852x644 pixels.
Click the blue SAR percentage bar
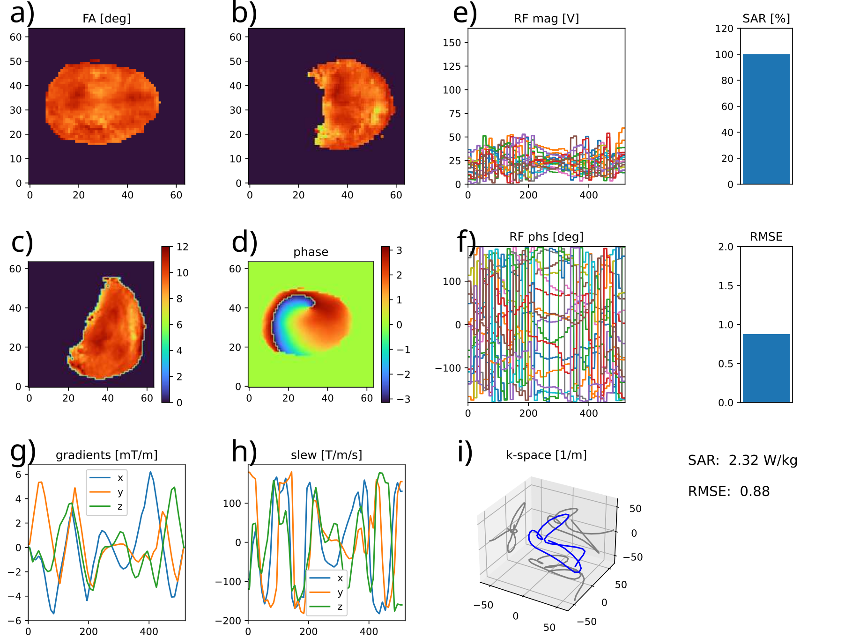(x=766, y=119)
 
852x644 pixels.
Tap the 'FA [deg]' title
(x=106, y=19)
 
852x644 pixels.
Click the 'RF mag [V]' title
(x=546, y=19)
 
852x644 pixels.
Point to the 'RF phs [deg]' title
(x=546, y=237)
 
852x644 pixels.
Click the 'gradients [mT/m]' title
(x=106, y=455)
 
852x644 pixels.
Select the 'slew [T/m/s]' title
(x=326, y=455)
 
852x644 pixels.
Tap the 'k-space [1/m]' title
(x=546, y=455)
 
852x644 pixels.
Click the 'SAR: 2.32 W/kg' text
(x=742, y=461)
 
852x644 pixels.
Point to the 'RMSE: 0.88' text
(x=729, y=491)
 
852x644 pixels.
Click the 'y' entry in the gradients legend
(x=120, y=492)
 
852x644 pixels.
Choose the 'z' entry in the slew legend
(x=340, y=607)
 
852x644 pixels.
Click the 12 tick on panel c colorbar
(x=182, y=247)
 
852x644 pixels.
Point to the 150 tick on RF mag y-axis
(x=452, y=43)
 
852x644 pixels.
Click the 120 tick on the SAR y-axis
(x=724, y=29)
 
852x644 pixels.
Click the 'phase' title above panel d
(x=311, y=252)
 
